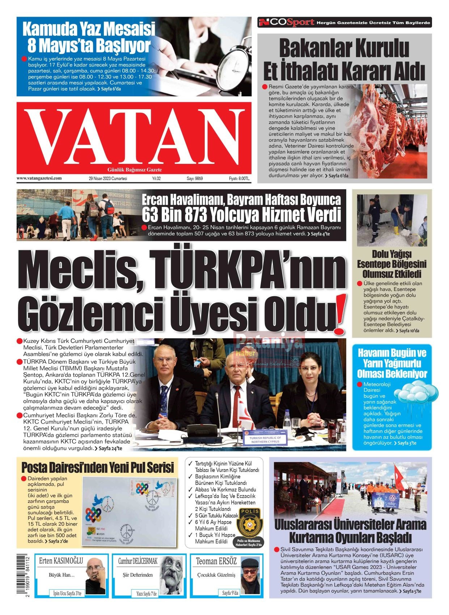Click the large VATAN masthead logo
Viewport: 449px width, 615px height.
click(134, 136)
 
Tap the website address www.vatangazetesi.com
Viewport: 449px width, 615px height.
click(39, 178)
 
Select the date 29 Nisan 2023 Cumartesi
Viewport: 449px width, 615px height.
click(108, 178)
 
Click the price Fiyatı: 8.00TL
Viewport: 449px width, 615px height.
click(239, 178)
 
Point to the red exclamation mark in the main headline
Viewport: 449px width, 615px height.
click(339, 314)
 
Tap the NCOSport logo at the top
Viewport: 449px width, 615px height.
click(286, 22)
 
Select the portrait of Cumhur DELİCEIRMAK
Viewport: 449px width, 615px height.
click(171, 573)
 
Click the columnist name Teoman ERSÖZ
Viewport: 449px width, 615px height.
click(216, 561)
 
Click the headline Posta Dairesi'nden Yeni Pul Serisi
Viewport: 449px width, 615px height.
click(98, 467)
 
